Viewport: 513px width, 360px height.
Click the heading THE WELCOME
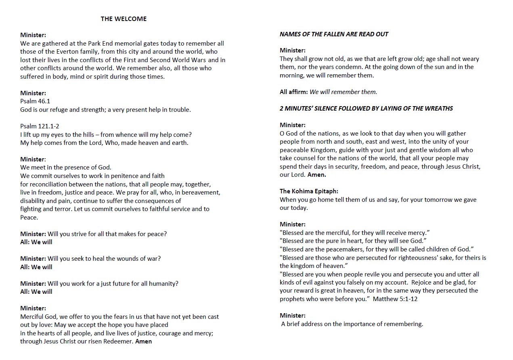coord(124,19)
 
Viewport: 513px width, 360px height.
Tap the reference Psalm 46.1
coord(35,101)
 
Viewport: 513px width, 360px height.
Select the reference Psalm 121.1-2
coord(40,126)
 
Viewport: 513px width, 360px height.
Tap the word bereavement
coord(201,193)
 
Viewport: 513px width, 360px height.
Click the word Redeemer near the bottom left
coord(120,341)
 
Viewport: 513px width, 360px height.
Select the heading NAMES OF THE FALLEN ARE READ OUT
coord(334,34)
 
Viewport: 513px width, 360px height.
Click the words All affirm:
coord(293,92)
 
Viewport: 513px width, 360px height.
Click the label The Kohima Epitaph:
coord(309,191)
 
